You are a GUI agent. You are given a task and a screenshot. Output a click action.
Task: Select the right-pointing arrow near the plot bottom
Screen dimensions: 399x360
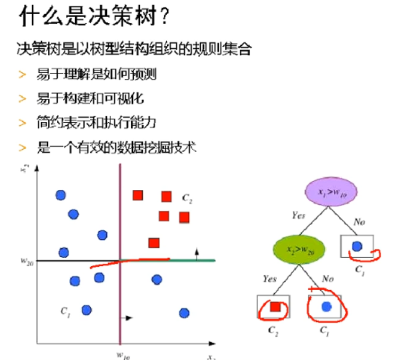[130, 318]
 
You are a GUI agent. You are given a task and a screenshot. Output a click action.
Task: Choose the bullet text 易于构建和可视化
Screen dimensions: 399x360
[90, 99]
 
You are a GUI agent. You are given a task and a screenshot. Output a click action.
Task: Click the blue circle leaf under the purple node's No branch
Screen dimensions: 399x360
[357, 246]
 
